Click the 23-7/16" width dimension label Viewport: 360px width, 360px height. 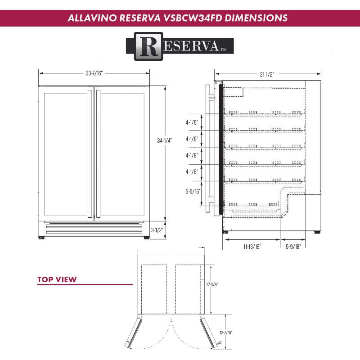tap(94, 73)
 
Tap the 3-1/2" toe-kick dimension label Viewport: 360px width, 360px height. tap(157, 230)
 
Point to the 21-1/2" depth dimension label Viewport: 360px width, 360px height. tap(267, 74)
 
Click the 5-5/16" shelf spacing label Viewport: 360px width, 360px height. tap(192, 191)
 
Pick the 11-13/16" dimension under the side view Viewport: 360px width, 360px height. tap(252, 246)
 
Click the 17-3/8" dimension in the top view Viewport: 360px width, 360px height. tap(212, 285)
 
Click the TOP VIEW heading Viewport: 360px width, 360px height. tap(57, 279)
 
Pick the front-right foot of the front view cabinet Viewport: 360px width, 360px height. tap(146, 237)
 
